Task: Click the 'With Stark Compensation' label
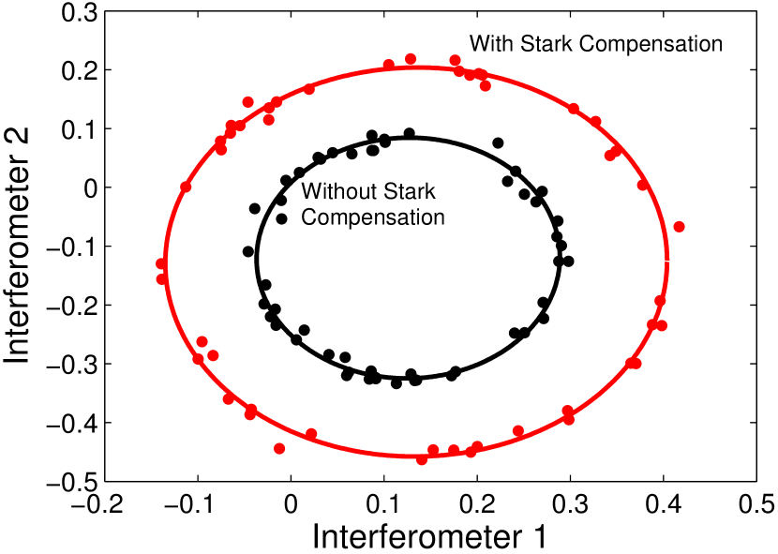pyautogui.click(x=596, y=44)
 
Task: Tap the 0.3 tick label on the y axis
pyautogui.click(x=79, y=11)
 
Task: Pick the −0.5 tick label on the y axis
pyautogui.click(x=73, y=481)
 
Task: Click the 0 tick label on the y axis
pyautogui.click(x=90, y=187)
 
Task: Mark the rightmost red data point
pyautogui.click(x=679, y=227)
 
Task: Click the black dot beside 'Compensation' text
pyautogui.click(x=281, y=218)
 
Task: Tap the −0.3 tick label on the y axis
pyautogui.click(x=73, y=364)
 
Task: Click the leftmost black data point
pyautogui.click(x=248, y=251)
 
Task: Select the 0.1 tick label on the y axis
pyautogui.click(x=79, y=128)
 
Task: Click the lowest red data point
pyautogui.click(x=422, y=458)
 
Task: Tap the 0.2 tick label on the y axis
pyautogui.click(x=79, y=70)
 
